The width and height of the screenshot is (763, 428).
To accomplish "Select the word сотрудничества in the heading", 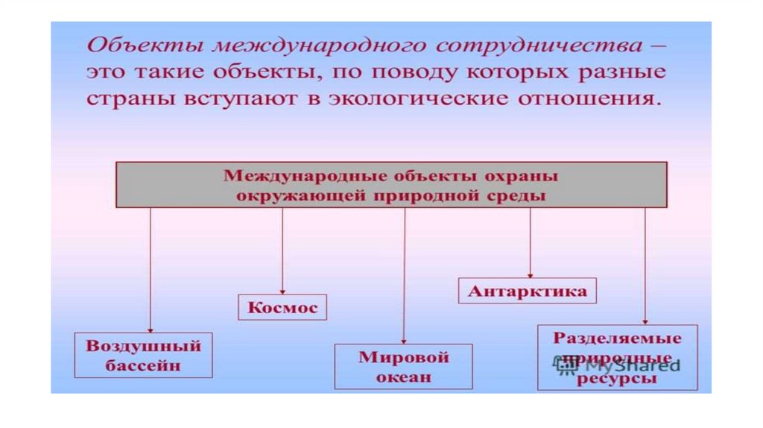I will pos(537,45).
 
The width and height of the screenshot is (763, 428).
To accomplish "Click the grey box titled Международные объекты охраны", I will pos(391,185).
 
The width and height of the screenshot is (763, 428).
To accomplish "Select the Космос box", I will pos(282,307).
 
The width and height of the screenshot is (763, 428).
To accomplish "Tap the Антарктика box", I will pos(528,291).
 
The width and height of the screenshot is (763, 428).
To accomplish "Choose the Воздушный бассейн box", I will pos(144,355).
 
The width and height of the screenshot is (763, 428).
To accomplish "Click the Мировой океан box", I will pos(403,366).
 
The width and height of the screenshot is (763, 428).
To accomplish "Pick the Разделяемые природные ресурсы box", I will pos(617,357).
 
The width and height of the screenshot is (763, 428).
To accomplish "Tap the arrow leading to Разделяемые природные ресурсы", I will pos(645,265).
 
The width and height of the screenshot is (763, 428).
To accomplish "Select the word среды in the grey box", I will pos(522,196).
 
